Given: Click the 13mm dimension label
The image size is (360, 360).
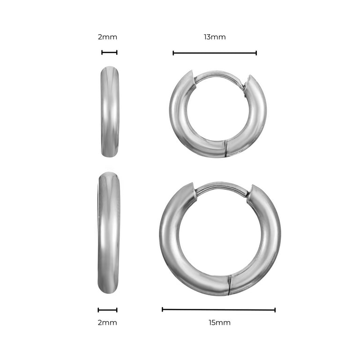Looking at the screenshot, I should click(215, 37).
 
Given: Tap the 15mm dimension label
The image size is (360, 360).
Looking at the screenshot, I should click(219, 322).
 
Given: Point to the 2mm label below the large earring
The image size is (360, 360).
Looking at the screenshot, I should click(107, 322).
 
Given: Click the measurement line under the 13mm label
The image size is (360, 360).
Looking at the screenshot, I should click(215, 53).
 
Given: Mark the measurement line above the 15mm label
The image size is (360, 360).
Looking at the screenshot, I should click(218, 309).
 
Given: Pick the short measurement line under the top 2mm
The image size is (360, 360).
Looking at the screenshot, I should click(109, 52).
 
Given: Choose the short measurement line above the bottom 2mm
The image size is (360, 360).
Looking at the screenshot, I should click(107, 310).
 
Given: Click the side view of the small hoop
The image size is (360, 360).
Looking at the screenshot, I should click(110, 112).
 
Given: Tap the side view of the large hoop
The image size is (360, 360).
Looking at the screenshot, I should click(109, 232).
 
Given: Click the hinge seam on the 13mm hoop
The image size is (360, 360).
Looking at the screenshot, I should click(225, 148).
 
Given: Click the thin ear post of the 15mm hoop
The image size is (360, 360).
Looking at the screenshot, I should click(221, 187).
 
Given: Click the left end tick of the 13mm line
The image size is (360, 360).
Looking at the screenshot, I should click(173, 53).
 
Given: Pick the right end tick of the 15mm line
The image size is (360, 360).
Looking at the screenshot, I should click(275, 309).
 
